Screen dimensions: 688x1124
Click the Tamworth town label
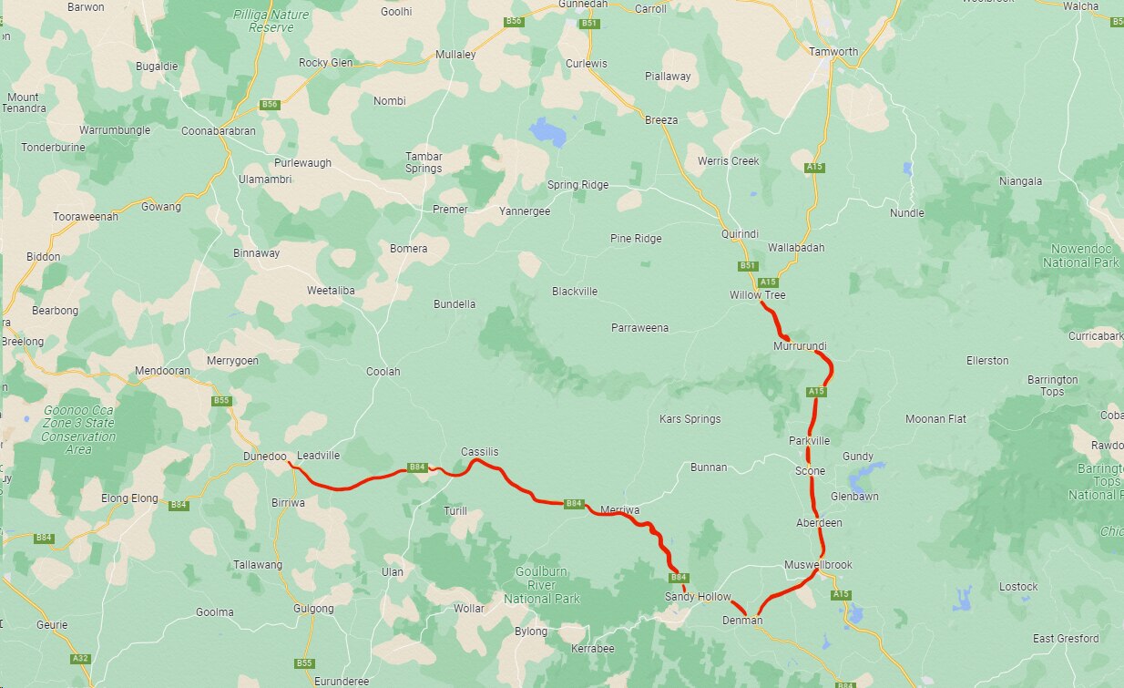(x=833, y=52)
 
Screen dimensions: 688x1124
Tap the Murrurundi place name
(x=800, y=347)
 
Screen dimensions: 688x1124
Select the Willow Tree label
(x=757, y=295)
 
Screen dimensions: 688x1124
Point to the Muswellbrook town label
(x=818, y=565)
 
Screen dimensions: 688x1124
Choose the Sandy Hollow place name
(x=698, y=597)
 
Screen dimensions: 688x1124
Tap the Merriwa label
(x=619, y=510)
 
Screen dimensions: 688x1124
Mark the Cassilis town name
(x=479, y=452)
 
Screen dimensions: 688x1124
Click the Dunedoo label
(x=265, y=456)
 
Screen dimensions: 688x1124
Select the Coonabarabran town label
(x=219, y=131)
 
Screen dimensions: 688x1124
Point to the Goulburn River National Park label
(x=542, y=585)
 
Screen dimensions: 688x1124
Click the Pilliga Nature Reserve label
(x=271, y=21)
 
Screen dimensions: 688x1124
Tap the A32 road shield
(x=80, y=658)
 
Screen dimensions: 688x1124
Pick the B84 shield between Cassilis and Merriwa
(x=574, y=503)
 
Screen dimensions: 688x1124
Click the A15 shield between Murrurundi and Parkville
(x=816, y=392)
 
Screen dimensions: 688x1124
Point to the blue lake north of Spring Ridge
(x=547, y=132)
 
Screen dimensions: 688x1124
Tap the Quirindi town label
(x=739, y=234)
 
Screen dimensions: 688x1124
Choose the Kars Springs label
(x=690, y=419)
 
